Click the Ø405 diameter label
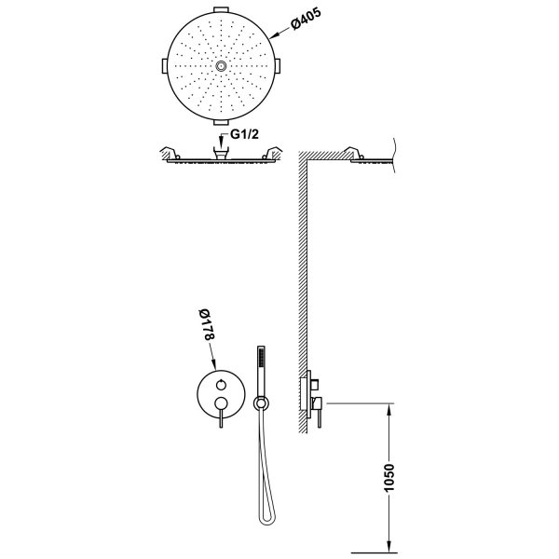(x=306, y=19)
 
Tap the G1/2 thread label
(x=244, y=134)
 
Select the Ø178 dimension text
(x=207, y=324)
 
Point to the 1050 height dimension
(x=389, y=478)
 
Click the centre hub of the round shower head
(x=221, y=66)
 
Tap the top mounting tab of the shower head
(x=221, y=9)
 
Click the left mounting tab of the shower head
(x=165, y=66)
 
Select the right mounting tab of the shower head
(x=278, y=66)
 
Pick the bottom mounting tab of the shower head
(x=221, y=123)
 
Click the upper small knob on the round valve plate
(x=221, y=385)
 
